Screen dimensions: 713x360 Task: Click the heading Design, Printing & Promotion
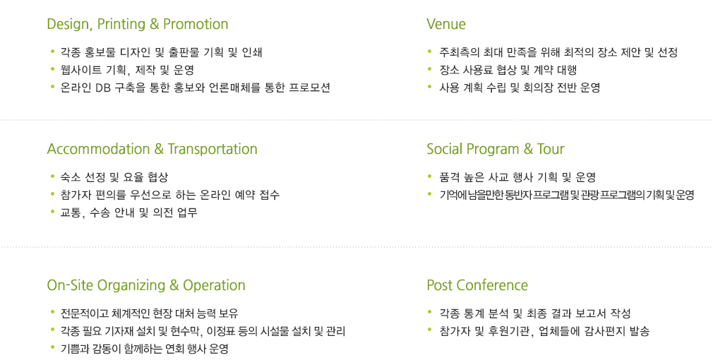coord(138,25)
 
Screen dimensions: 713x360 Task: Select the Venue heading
coord(445,24)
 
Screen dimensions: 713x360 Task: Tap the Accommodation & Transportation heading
coord(152,149)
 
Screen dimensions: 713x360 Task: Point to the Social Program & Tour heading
coord(495,150)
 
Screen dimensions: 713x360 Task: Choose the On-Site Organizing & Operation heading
coord(146,286)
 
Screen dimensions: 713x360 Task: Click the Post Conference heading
coord(477,285)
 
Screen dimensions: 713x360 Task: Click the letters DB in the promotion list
coord(103,88)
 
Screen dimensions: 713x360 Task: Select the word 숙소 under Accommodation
coord(71,177)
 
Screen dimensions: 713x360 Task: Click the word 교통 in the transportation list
coord(71,212)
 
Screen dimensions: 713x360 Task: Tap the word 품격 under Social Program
coord(449,177)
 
